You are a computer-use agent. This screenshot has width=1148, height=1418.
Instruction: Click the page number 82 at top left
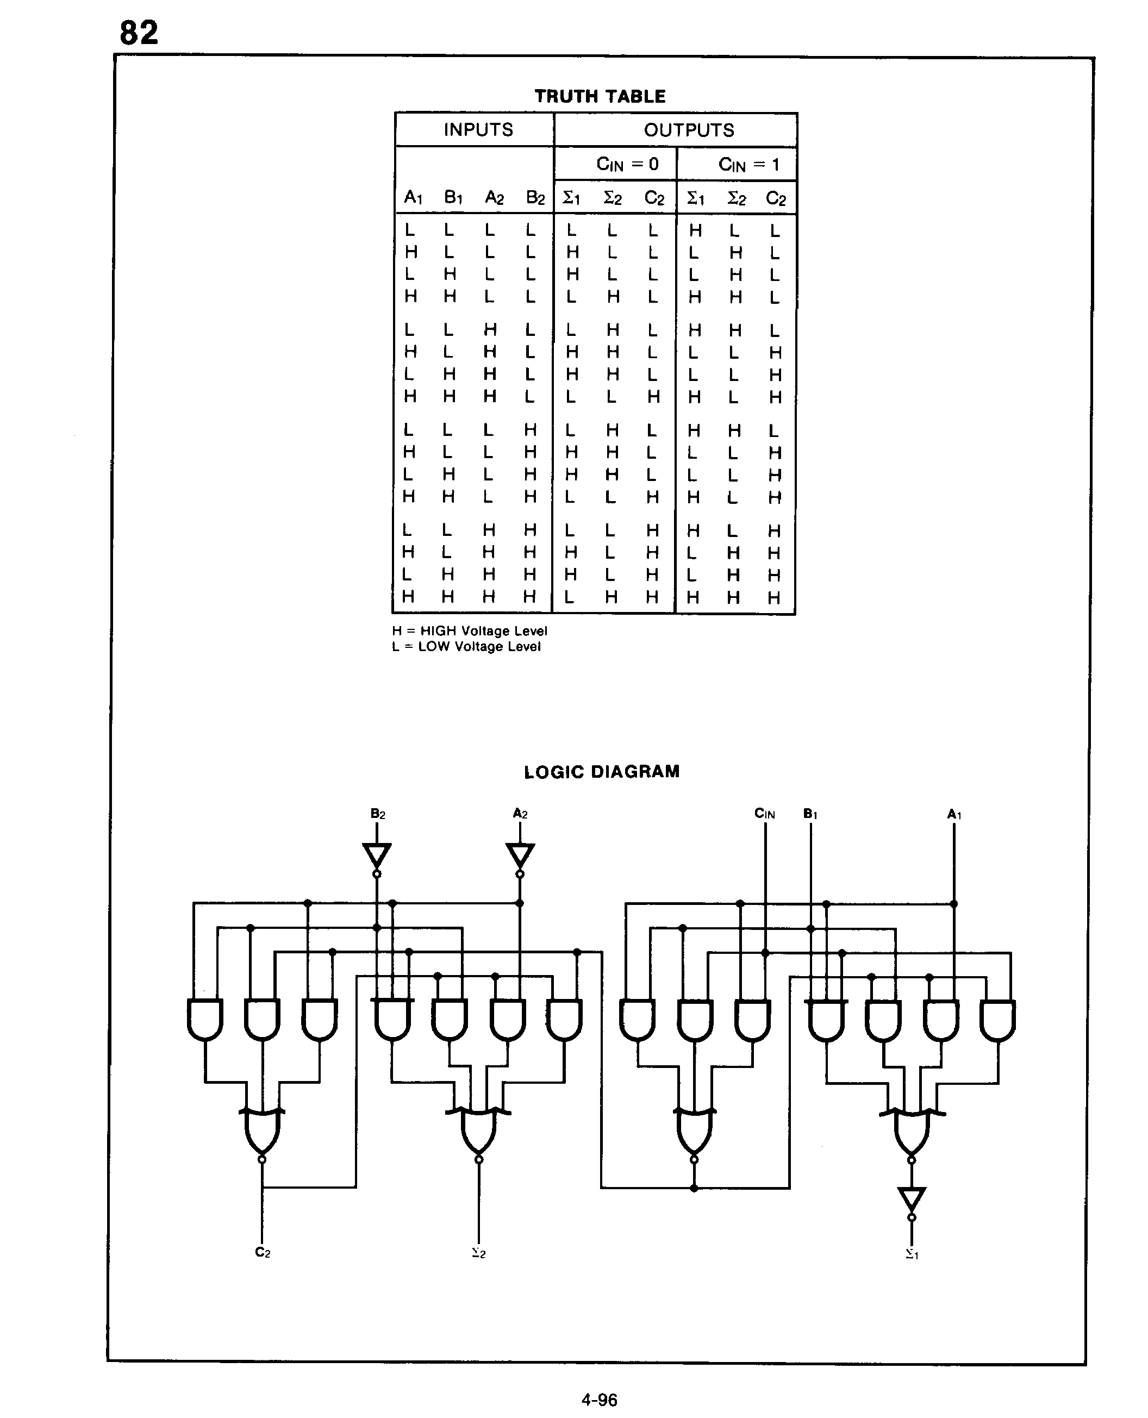tap(139, 33)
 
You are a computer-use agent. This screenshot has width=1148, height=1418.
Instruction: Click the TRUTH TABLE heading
tap(600, 97)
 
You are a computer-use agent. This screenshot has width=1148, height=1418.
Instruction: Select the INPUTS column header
tap(478, 129)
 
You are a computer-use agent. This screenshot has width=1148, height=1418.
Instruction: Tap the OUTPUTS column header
tap(689, 130)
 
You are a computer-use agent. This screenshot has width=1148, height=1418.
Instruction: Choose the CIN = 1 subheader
tap(749, 165)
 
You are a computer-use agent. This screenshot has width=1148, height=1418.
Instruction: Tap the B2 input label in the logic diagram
tap(378, 814)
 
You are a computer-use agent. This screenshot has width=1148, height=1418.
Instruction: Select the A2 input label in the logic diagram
tap(520, 814)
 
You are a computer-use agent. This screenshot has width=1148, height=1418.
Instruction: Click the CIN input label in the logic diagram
tap(764, 814)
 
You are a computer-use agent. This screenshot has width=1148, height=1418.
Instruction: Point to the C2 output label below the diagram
tap(263, 1252)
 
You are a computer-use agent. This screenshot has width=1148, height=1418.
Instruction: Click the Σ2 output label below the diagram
tap(479, 1253)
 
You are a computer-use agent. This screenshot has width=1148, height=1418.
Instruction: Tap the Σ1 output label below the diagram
tap(912, 1253)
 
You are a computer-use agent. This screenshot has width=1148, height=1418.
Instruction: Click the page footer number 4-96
tap(599, 1400)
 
